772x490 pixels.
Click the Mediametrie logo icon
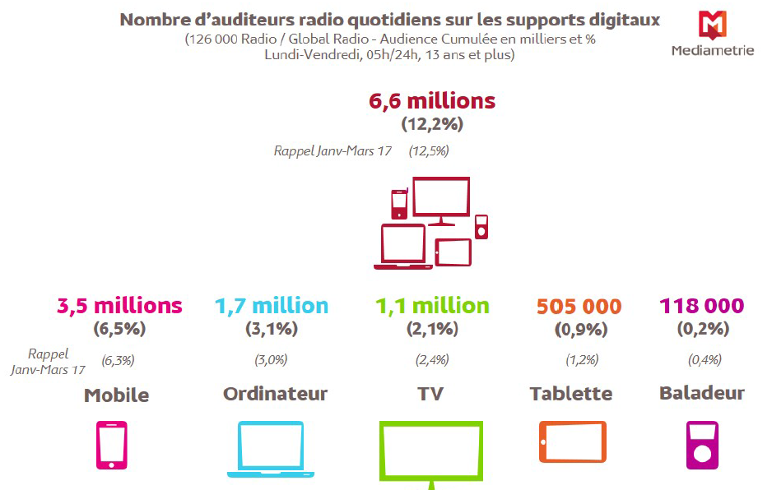pos(712,25)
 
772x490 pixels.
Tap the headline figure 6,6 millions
pos(432,101)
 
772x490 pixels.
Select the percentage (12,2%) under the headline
pos(432,125)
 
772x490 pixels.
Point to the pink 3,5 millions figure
pos(119,306)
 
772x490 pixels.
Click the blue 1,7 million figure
pos(272,306)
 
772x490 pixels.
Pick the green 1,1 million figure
pos(432,306)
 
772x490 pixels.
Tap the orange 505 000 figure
pos(579,307)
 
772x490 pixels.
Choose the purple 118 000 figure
pos(701,307)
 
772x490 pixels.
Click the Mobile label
pos(116,395)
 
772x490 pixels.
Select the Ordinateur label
pos(275,394)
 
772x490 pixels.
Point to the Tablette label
pos(571,394)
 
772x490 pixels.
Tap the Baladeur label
pos(702,393)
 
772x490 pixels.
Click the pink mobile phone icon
pos(112,445)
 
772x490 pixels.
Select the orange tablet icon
pos(573,441)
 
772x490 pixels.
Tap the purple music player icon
pos(702,445)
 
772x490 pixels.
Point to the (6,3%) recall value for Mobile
pos(118,360)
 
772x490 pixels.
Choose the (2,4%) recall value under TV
pos(431,360)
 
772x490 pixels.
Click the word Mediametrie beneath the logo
pos(712,50)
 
